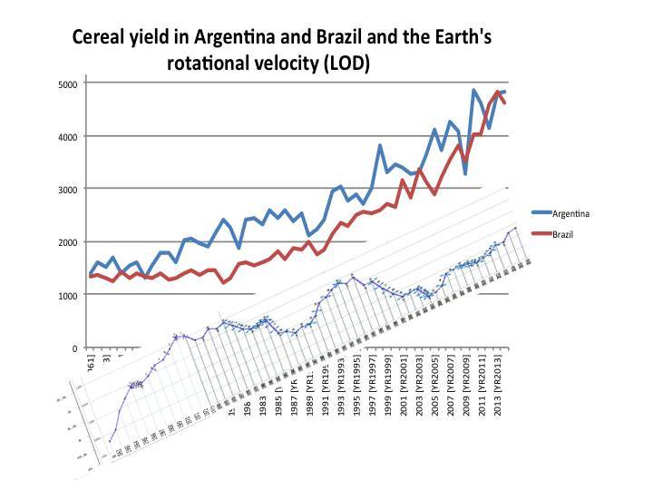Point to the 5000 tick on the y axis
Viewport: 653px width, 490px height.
(69, 83)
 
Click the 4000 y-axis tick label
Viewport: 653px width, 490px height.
(69, 136)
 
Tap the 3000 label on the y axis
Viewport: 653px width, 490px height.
(69, 189)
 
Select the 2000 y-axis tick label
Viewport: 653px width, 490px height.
(69, 242)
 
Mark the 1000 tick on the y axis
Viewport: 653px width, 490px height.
(69, 295)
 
